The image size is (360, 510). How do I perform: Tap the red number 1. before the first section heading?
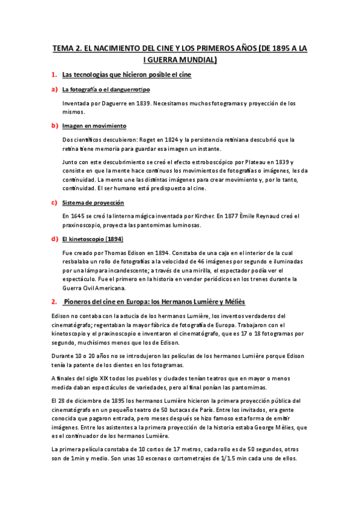53,75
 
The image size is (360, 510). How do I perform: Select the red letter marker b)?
54,126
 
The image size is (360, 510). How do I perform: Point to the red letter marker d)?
54,239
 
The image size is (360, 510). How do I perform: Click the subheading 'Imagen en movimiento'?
94,126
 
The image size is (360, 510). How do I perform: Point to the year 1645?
79,216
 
